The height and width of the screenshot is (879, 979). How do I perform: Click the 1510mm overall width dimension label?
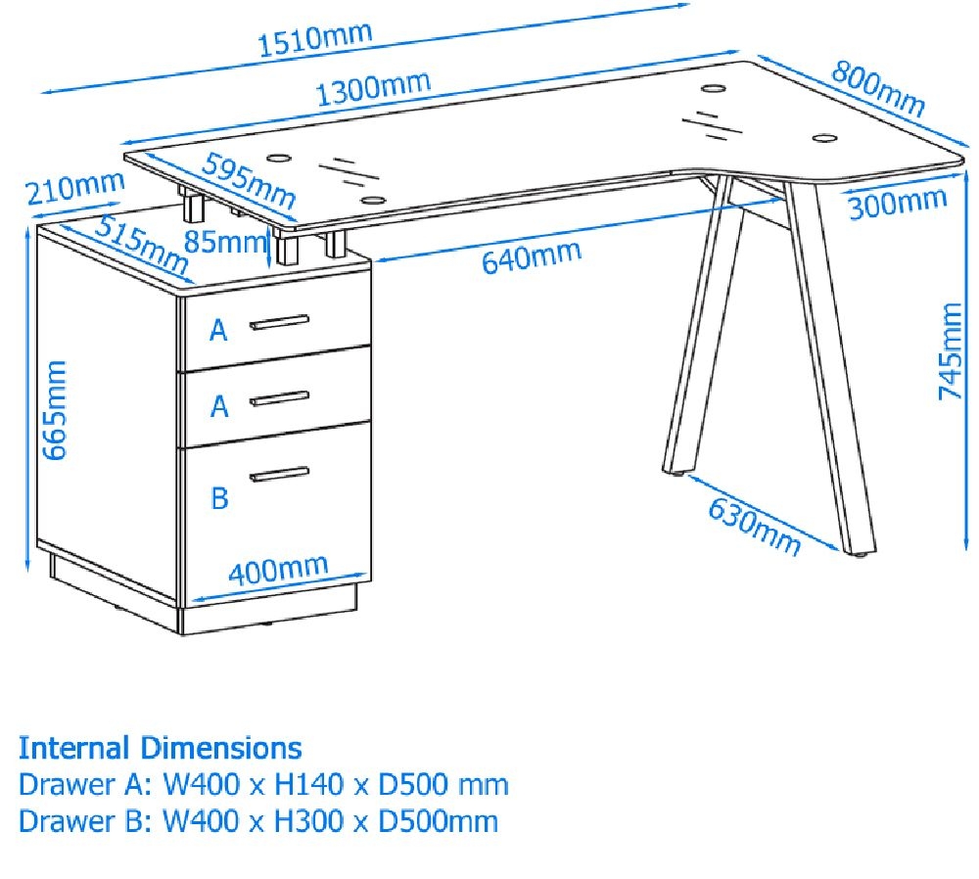(314, 38)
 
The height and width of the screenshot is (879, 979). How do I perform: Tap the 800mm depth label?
(878, 89)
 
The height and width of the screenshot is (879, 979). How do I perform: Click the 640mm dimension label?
(531, 257)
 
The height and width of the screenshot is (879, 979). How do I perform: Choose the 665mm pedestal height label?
(56, 409)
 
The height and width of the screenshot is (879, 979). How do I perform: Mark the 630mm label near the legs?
(754, 527)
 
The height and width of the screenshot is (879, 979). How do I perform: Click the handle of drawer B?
(279, 475)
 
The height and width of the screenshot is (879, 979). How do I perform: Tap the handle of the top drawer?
(279, 321)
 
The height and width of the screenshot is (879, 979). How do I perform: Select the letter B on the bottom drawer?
(219, 498)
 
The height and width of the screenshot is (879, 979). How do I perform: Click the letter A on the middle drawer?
(219, 405)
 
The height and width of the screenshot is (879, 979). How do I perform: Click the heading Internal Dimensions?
(160, 749)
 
